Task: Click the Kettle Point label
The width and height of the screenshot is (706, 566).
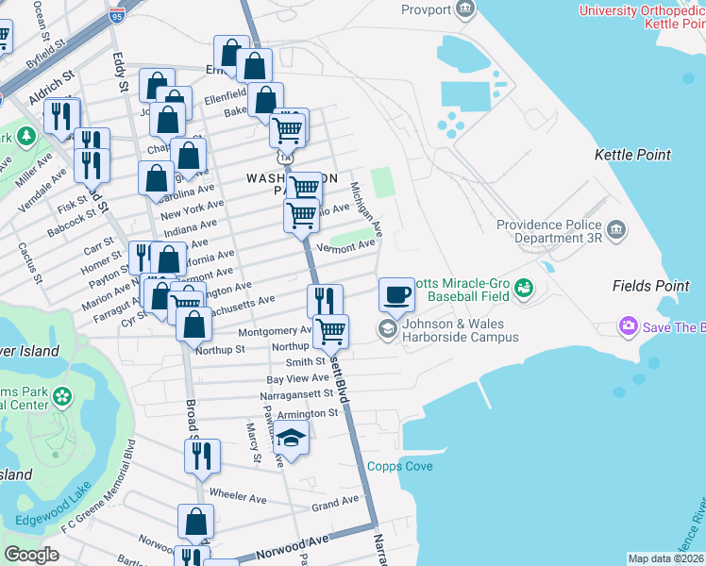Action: tap(632, 155)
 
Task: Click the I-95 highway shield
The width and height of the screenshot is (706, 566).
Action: tap(116, 14)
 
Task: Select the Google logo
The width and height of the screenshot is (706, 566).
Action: tap(31, 555)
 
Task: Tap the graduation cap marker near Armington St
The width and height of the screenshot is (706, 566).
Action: tap(293, 438)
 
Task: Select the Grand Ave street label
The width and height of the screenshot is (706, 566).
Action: tap(336, 502)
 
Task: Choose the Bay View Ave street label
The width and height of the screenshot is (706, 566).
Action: tap(296, 377)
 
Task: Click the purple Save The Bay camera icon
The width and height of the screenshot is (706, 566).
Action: tap(629, 326)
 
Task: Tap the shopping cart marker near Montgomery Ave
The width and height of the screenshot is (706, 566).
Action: tap(330, 331)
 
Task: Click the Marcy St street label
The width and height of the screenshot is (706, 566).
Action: tap(253, 443)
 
